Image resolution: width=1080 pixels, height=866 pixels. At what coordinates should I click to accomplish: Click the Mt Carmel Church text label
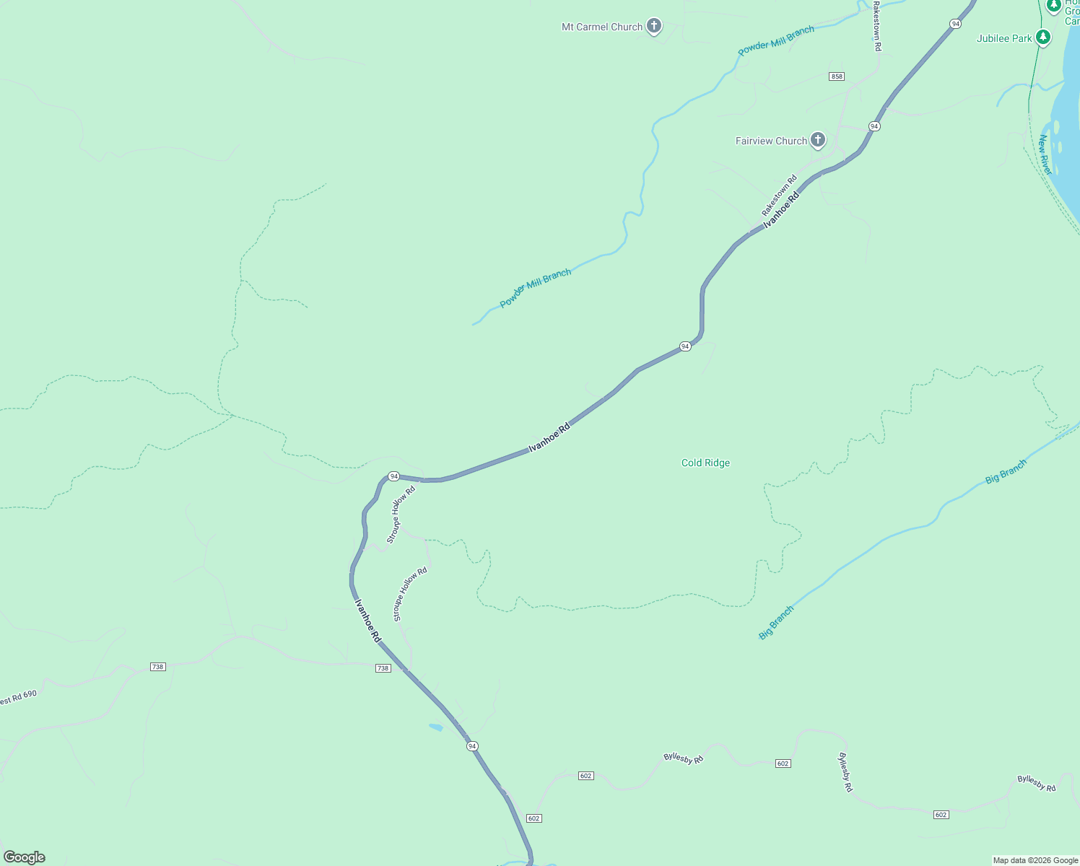click(602, 27)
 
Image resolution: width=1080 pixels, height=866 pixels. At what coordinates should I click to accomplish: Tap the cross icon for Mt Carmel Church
click(654, 27)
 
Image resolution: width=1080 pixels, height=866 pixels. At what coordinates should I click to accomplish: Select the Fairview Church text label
click(771, 141)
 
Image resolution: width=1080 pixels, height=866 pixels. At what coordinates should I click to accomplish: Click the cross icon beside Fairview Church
click(817, 139)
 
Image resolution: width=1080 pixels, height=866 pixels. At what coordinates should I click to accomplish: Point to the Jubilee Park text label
click(1004, 38)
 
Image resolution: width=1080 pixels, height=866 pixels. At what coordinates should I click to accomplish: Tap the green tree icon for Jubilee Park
click(1042, 37)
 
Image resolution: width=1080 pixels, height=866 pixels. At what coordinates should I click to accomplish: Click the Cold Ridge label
click(705, 463)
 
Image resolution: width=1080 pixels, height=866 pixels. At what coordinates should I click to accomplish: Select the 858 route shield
click(837, 76)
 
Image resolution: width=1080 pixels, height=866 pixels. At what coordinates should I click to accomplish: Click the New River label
click(1045, 154)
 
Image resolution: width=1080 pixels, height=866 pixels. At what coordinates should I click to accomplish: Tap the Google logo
click(25, 857)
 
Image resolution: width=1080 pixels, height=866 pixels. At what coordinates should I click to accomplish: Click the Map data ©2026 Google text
click(1035, 860)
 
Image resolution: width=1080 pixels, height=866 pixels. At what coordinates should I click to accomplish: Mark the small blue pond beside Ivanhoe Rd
click(435, 727)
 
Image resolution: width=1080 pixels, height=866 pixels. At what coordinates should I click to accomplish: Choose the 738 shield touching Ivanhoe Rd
click(383, 668)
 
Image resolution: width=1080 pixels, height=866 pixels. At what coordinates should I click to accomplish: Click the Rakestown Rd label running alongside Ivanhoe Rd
click(779, 196)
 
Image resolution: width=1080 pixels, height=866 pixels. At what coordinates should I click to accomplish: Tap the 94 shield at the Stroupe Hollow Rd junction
click(393, 476)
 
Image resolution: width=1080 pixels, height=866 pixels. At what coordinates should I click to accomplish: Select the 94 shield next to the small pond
click(472, 745)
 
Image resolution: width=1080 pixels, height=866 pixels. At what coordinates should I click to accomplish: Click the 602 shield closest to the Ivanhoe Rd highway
click(534, 818)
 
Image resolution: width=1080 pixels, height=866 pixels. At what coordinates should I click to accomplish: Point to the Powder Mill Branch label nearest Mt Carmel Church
click(776, 40)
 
